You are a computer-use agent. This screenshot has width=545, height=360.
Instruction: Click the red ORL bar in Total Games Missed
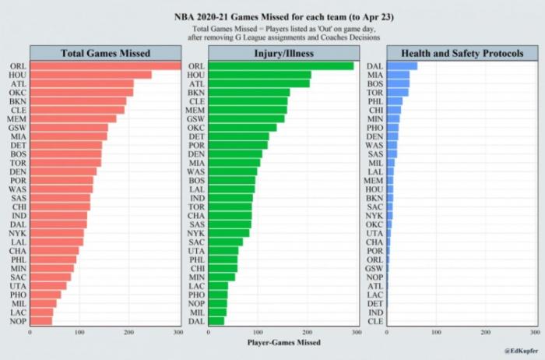coord(104,66)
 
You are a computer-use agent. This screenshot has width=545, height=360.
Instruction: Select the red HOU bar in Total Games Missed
coord(90,75)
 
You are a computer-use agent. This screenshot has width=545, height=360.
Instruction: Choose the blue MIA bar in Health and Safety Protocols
coord(398,75)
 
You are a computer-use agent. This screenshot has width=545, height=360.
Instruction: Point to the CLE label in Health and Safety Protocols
coord(374,320)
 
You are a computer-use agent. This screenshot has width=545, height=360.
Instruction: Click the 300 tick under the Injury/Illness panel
coord(356,333)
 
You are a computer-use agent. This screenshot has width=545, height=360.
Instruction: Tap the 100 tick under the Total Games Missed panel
coord(79,333)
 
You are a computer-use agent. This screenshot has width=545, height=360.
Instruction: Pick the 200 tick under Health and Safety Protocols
coord(485,333)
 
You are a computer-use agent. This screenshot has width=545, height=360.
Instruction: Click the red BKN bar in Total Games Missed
coord(78,101)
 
